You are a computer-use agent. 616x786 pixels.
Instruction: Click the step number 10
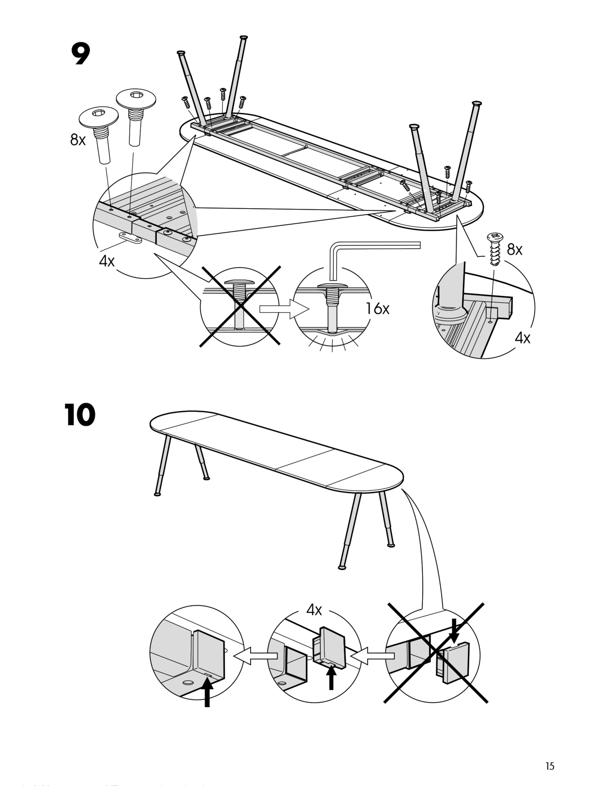point(80,415)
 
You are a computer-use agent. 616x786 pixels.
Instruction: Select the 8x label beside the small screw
point(514,250)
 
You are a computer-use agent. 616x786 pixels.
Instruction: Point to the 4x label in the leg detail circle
point(522,338)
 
